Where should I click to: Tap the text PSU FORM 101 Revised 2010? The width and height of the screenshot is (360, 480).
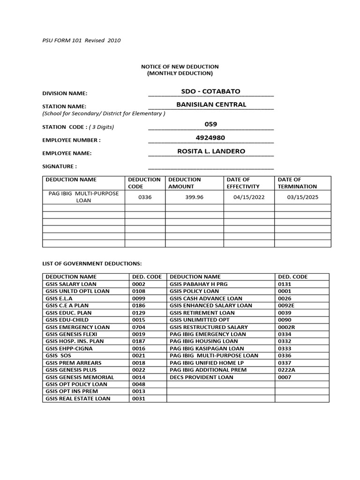82,40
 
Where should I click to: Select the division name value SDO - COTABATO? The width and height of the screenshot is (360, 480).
210,91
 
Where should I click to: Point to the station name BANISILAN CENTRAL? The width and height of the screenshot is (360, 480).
211,105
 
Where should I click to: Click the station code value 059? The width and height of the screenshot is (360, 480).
211,124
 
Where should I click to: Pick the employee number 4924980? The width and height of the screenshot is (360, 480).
210,138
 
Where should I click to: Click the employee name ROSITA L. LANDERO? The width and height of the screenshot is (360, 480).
211,151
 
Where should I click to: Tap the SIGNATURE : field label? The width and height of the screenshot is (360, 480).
60,166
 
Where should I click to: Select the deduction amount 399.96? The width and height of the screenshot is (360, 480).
194,197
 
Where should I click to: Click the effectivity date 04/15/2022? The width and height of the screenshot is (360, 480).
249,197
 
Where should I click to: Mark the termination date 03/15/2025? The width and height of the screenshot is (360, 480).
302,197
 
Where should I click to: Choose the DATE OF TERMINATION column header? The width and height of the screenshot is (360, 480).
297,183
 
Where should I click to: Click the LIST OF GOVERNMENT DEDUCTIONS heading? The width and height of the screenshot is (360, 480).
92,264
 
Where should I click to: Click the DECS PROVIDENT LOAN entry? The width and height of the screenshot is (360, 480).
201,377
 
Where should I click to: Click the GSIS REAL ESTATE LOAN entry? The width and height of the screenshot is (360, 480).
78,398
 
